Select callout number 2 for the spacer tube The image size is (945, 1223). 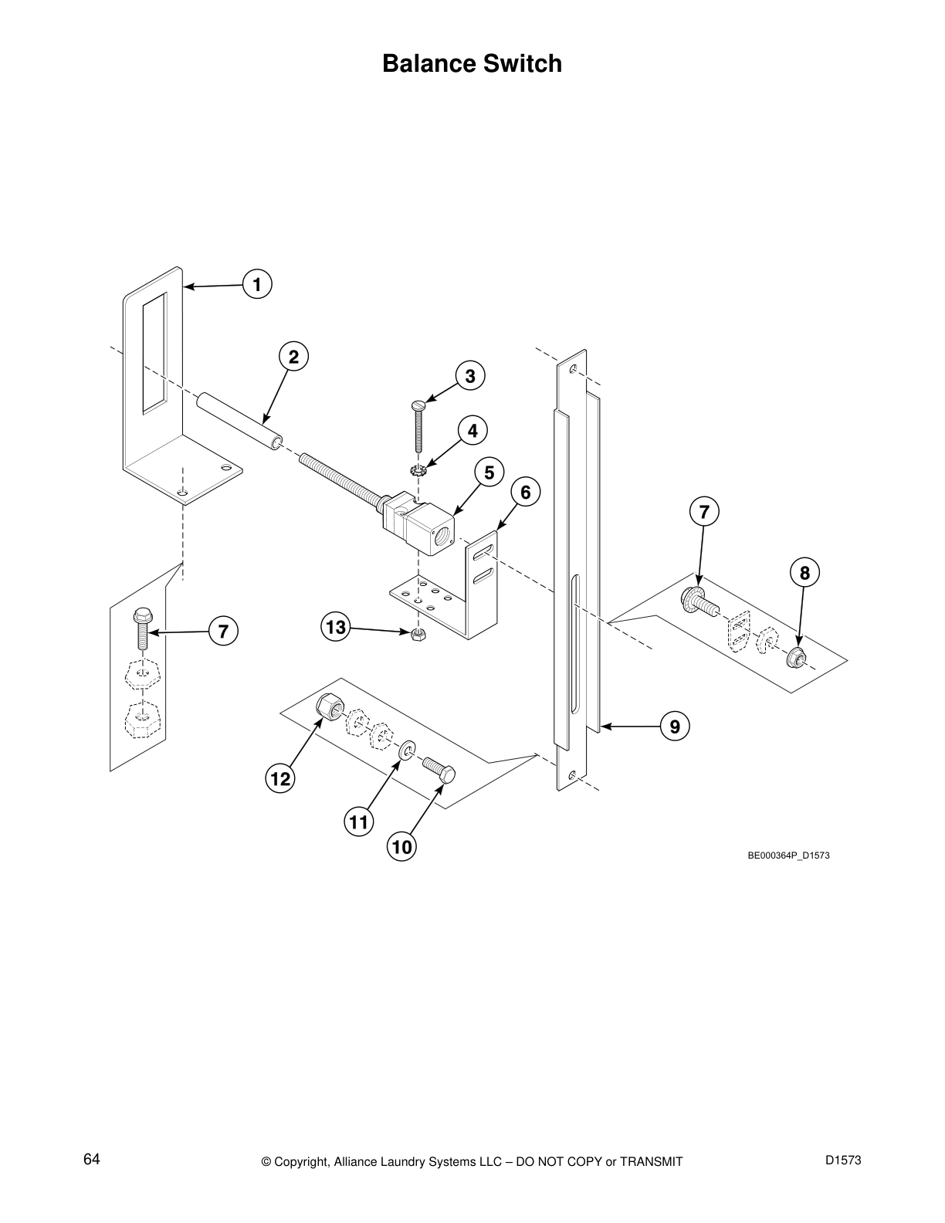pyautogui.click(x=293, y=357)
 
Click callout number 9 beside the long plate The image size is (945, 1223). pyautogui.click(x=675, y=727)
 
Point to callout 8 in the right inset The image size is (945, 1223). pyautogui.click(x=804, y=573)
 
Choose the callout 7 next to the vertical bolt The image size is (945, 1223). pyautogui.click(x=222, y=632)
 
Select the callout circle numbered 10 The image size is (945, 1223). pyautogui.click(x=401, y=848)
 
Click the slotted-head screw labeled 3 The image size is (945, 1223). pyautogui.click(x=417, y=425)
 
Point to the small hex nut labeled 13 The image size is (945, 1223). pyautogui.click(x=418, y=635)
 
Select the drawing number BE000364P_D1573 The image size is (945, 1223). pyautogui.click(x=788, y=855)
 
